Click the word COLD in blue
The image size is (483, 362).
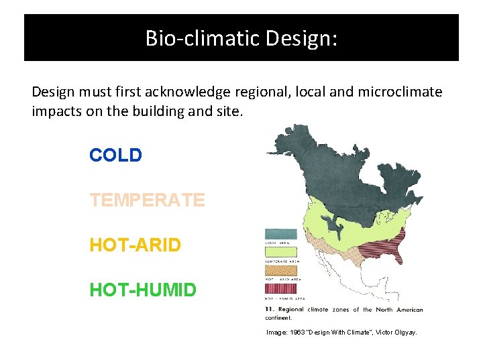115,156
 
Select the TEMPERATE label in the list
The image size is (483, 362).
147,200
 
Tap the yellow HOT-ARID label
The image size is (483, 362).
135,245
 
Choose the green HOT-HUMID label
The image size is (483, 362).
143,290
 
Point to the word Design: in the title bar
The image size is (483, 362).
301,38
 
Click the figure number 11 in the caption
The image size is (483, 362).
270,309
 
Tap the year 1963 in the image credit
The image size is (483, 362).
297,333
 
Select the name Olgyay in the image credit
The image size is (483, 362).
402,333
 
